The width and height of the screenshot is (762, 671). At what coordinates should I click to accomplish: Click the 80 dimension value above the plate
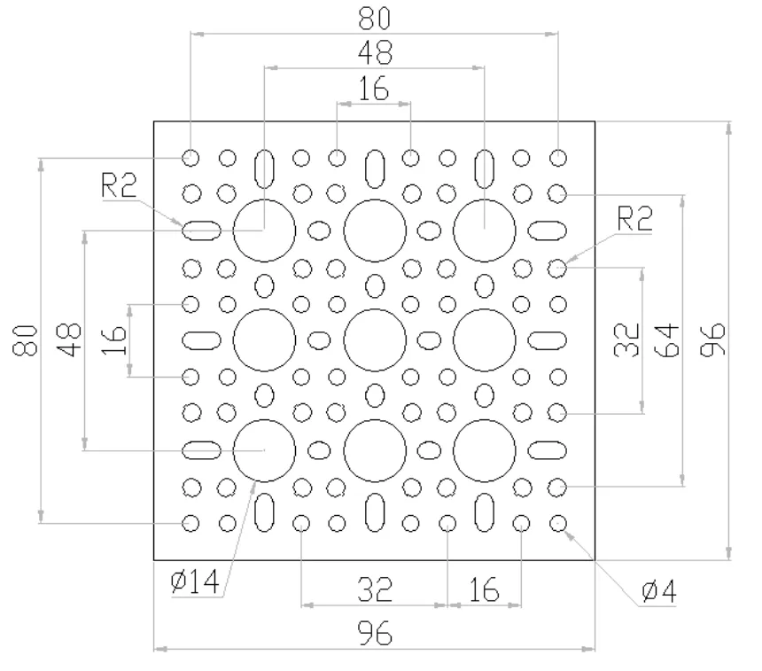374,18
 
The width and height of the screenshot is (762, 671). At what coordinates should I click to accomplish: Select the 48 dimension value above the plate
375,52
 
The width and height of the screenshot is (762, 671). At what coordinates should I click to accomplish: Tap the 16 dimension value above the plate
374,89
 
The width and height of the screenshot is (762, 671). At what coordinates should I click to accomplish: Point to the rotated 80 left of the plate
25,340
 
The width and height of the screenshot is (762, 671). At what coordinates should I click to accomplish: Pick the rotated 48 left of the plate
69,339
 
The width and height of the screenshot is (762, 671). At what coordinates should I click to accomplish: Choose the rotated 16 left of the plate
114,339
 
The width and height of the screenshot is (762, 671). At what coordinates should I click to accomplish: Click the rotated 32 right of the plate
627,339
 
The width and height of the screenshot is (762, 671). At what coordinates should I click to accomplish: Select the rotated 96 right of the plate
713,339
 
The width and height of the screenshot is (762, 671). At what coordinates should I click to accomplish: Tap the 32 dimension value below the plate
375,589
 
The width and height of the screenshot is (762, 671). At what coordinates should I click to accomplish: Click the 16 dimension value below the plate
484,589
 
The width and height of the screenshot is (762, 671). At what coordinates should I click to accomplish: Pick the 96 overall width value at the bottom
375,633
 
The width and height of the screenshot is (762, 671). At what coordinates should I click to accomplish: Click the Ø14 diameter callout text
195,581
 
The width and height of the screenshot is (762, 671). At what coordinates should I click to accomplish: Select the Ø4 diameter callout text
659,591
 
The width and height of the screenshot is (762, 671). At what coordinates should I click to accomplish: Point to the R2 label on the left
119,185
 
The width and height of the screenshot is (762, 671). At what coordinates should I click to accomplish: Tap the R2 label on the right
634,218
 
